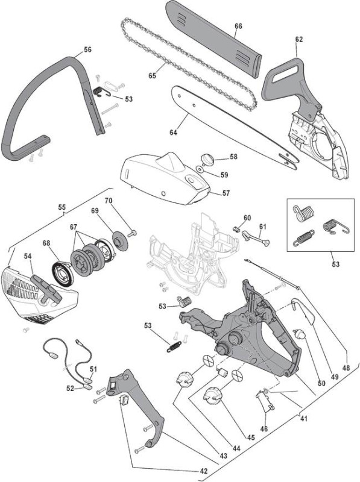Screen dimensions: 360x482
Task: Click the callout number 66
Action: click(238, 26)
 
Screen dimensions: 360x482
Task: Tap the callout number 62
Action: click(298, 39)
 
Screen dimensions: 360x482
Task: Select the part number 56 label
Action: click(87, 49)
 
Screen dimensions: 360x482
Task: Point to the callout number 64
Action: click(173, 133)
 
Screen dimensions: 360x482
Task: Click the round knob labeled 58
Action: click(207, 160)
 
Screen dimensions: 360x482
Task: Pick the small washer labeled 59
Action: click(201, 169)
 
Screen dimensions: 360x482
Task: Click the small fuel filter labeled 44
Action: click(221, 372)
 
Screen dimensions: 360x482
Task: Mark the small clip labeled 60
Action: click(236, 229)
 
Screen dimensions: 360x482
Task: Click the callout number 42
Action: click(203, 471)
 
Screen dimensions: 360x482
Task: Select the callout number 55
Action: click(62, 207)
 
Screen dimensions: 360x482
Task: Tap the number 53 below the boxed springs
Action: click(335, 264)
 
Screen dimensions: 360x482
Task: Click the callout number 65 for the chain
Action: click(152, 76)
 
